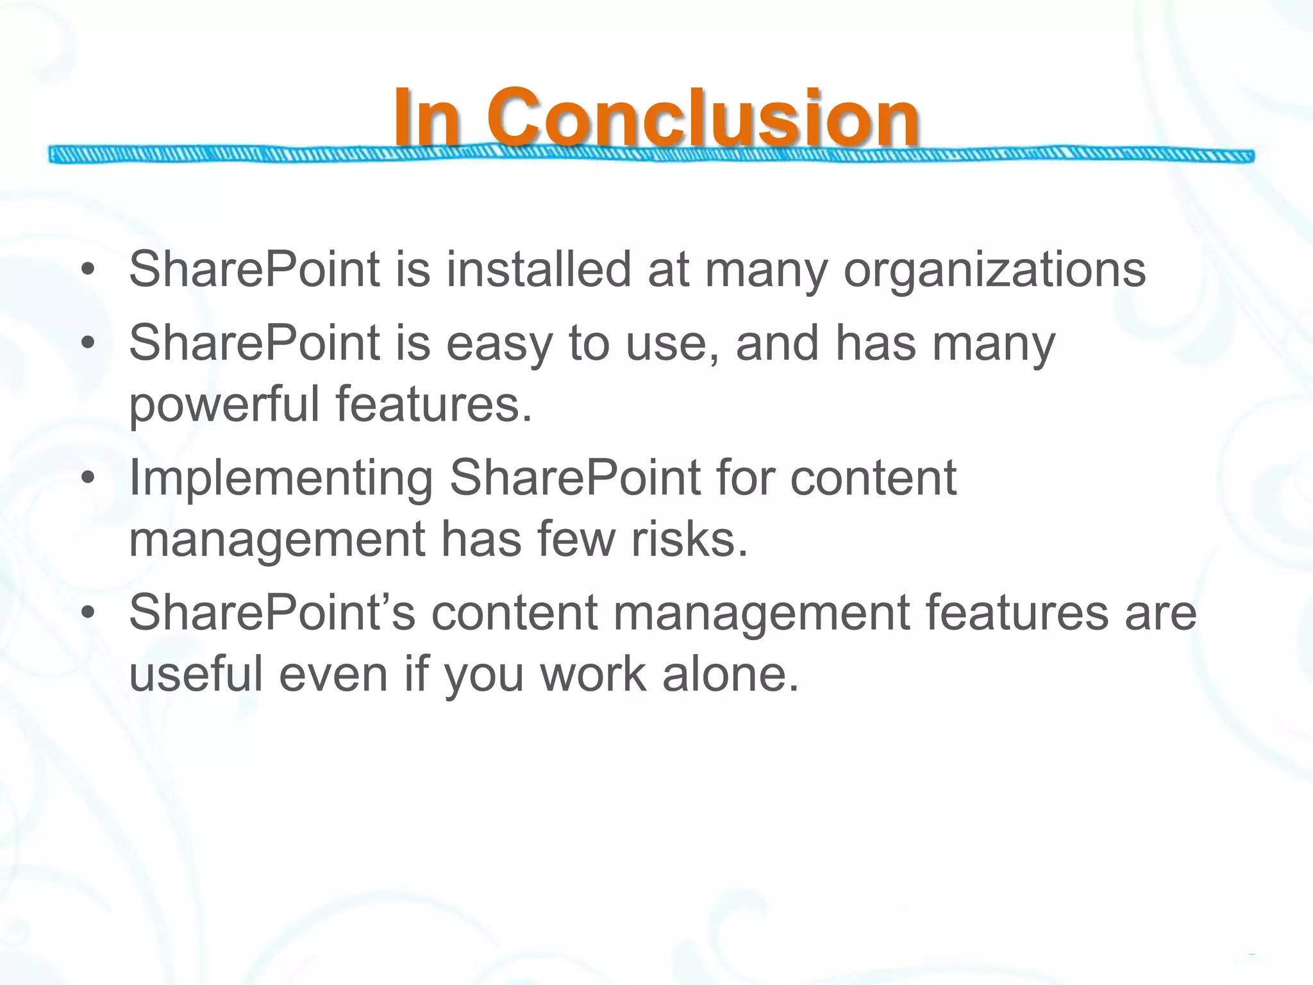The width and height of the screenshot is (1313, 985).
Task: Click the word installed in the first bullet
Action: tap(539, 269)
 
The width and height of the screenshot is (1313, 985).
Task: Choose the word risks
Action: tap(690, 539)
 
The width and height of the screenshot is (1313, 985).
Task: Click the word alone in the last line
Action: tap(731, 675)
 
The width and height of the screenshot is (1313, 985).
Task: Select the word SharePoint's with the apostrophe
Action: tap(272, 613)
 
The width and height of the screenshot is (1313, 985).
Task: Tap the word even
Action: tap(333, 675)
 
